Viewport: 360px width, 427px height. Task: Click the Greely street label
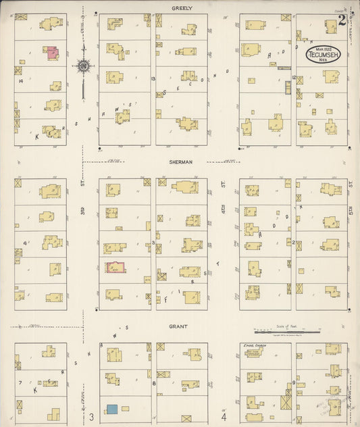pyautogui.click(x=182, y=8)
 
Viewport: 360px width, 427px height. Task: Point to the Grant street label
pyautogui.click(x=179, y=326)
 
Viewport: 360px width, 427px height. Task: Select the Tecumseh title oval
pyautogui.click(x=324, y=55)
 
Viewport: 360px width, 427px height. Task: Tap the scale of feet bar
pyautogui.click(x=286, y=332)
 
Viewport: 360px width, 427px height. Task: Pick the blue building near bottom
pyautogui.click(x=111, y=409)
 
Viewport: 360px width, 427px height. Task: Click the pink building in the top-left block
pyautogui.click(x=51, y=52)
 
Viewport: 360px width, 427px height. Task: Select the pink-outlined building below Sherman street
pyautogui.click(x=114, y=268)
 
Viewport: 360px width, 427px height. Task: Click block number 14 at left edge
pyautogui.click(x=22, y=81)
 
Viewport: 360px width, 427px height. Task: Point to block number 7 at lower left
pyautogui.click(x=22, y=382)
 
